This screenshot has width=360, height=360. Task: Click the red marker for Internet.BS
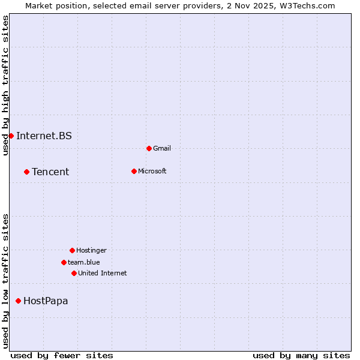[x=11, y=136]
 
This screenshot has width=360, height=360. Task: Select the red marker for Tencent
[x=26, y=172]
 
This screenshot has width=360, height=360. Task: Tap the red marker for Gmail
[x=149, y=148]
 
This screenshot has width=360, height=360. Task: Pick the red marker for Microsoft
[x=134, y=171]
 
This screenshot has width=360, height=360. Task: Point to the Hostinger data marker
[x=72, y=250]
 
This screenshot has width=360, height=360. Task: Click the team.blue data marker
[x=64, y=262]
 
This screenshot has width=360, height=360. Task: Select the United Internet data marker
[x=74, y=273]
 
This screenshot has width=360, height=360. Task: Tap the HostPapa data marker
[x=18, y=301]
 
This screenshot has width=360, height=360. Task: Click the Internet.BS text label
[x=44, y=136]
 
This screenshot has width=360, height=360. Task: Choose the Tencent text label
[x=50, y=172]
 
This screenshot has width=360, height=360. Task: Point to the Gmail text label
[x=162, y=148]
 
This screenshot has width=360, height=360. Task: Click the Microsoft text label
[x=152, y=171]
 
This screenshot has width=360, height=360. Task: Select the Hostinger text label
[x=91, y=250]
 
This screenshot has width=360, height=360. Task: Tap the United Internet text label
[x=102, y=273]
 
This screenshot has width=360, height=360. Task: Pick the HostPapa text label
[x=46, y=301]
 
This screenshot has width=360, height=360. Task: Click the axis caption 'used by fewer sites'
[x=62, y=355]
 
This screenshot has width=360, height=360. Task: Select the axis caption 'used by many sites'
[x=301, y=355]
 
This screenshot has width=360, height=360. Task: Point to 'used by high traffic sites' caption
[x=5, y=85]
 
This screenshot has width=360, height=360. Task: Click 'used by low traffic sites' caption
[x=5, y=281]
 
